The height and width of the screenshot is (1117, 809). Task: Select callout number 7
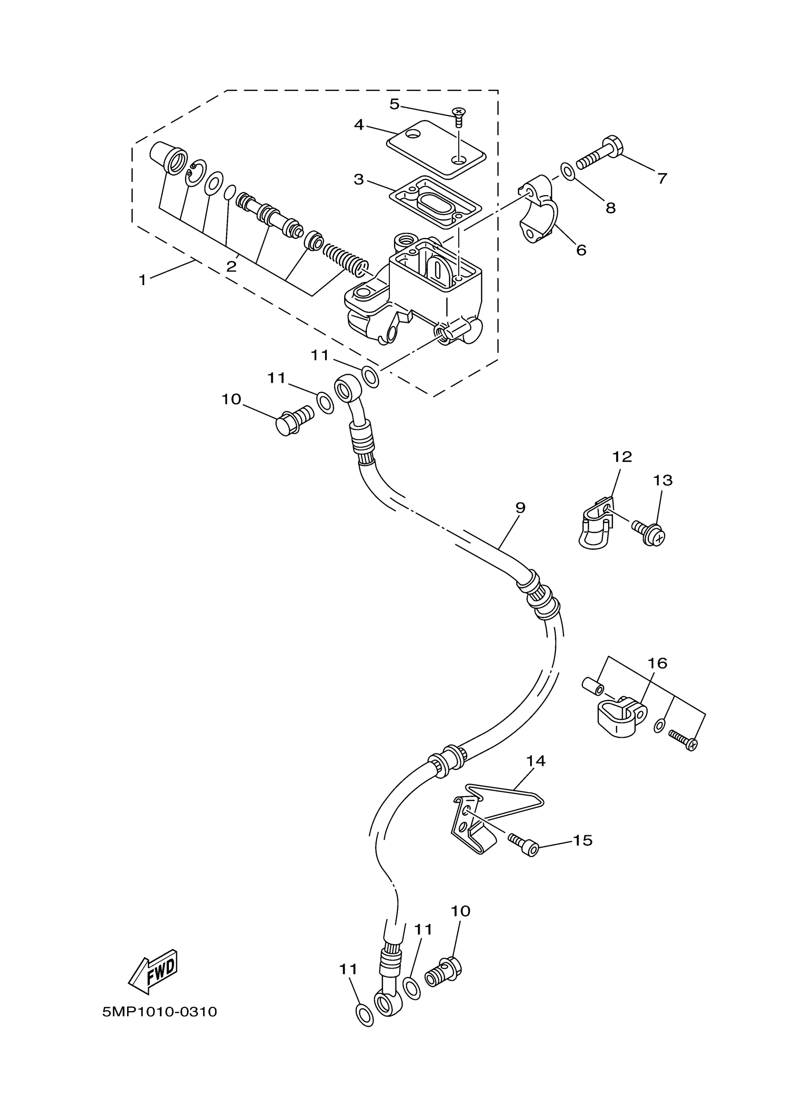662,178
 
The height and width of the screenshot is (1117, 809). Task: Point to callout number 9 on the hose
521,507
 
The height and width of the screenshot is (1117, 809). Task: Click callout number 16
657,663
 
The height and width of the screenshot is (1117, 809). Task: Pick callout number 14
536,761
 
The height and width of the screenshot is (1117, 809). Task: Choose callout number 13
663,480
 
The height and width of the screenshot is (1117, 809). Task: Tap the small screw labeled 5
459,117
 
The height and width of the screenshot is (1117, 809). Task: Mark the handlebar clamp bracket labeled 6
539,212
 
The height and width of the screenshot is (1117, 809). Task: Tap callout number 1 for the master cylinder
143,280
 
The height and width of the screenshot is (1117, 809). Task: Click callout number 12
622,456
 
